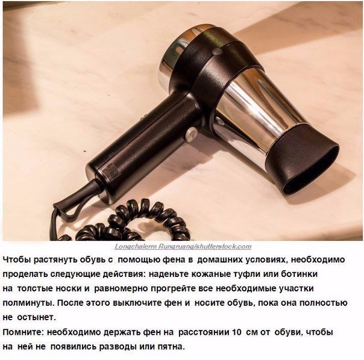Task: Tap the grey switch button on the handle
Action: click(191, 134)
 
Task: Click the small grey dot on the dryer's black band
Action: click(217, 52)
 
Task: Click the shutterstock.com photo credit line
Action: click(183, 246)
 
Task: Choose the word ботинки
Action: click(300, 274)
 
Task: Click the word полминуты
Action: click(28, 303)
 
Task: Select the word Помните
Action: click(24, 332)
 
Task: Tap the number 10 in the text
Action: click(237, 332)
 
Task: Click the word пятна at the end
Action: click(171, 347)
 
